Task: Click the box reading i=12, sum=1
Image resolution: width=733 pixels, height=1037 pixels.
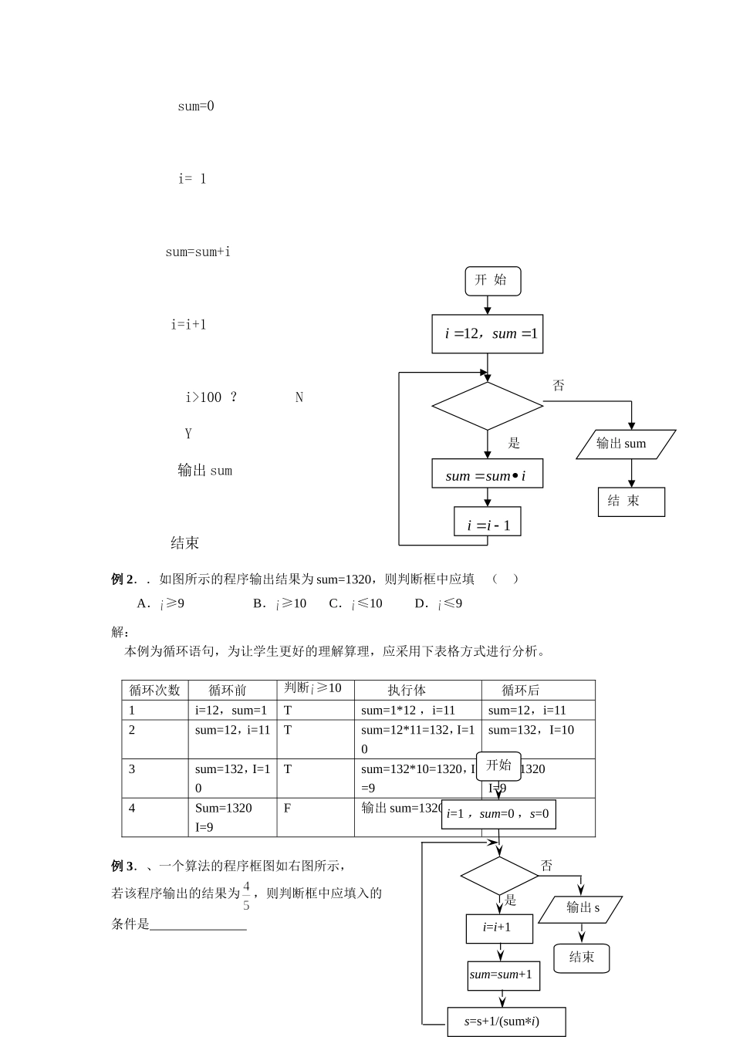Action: pos(487,334)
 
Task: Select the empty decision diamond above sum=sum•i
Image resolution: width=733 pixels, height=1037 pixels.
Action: pos(487,406)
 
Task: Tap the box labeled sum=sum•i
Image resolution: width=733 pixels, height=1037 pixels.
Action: pos(487,474)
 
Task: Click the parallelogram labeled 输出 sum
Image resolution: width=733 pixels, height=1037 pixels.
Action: pos(626,444)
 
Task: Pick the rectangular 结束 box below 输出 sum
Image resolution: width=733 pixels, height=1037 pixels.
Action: pos(631,502)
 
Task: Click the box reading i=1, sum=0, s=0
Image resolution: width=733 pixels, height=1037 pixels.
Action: pos(498,814)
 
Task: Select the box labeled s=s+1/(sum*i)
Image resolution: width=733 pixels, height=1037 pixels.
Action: pos(506,1022)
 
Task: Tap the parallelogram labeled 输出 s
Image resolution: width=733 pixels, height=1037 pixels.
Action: pos(580,908)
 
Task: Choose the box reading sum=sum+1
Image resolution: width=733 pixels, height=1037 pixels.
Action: pos(503,975)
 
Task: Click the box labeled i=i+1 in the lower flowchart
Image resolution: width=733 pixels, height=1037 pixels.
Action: pos(499,928)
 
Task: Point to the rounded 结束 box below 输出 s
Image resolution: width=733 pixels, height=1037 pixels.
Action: pos(582,958)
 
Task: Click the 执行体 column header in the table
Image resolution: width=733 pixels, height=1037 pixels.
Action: pos(407,690)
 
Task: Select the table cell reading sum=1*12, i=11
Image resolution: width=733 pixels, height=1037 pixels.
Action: pos(408,710)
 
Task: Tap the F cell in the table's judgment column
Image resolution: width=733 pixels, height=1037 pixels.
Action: pos(288,808)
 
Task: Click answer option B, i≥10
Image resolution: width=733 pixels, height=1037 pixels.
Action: pos(282,603)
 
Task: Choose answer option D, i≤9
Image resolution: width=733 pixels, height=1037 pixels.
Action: pos(441,603)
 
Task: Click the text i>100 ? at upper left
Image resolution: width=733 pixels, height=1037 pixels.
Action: pos(211,397)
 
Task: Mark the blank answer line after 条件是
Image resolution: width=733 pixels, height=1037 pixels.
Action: pos(198,924)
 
